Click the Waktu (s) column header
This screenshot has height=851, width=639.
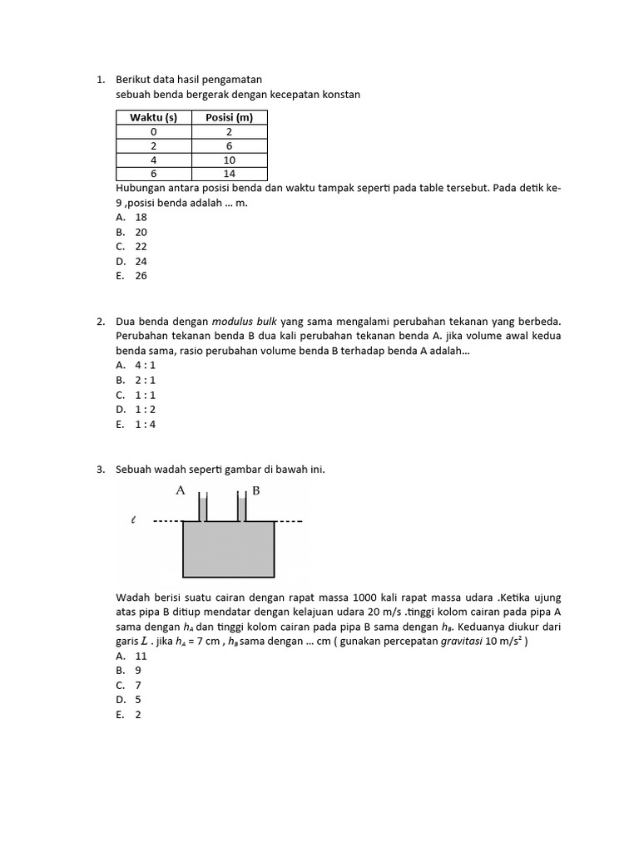[x=153, y=117]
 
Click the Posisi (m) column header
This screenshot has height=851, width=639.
[x=229, y=117]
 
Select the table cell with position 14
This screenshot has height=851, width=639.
[x=229, y=174]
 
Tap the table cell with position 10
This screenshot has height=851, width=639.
[x=229, y=160]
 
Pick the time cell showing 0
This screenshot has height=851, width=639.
[x=153, y=131]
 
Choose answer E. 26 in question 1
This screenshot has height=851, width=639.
[x=132, y=276]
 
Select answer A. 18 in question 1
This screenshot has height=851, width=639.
[x=132, y=217]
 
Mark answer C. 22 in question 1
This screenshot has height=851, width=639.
[x=132, y=247]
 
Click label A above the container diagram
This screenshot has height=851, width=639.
[x=180, y=490]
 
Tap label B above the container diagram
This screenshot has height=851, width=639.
[x=256, y=490]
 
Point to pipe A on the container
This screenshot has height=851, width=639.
[x=202, y=508]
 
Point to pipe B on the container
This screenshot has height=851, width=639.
[x=242, y=508]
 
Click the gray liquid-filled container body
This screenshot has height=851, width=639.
[x=229, y=548]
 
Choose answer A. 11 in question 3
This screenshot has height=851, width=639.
[x=132, y=656]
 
